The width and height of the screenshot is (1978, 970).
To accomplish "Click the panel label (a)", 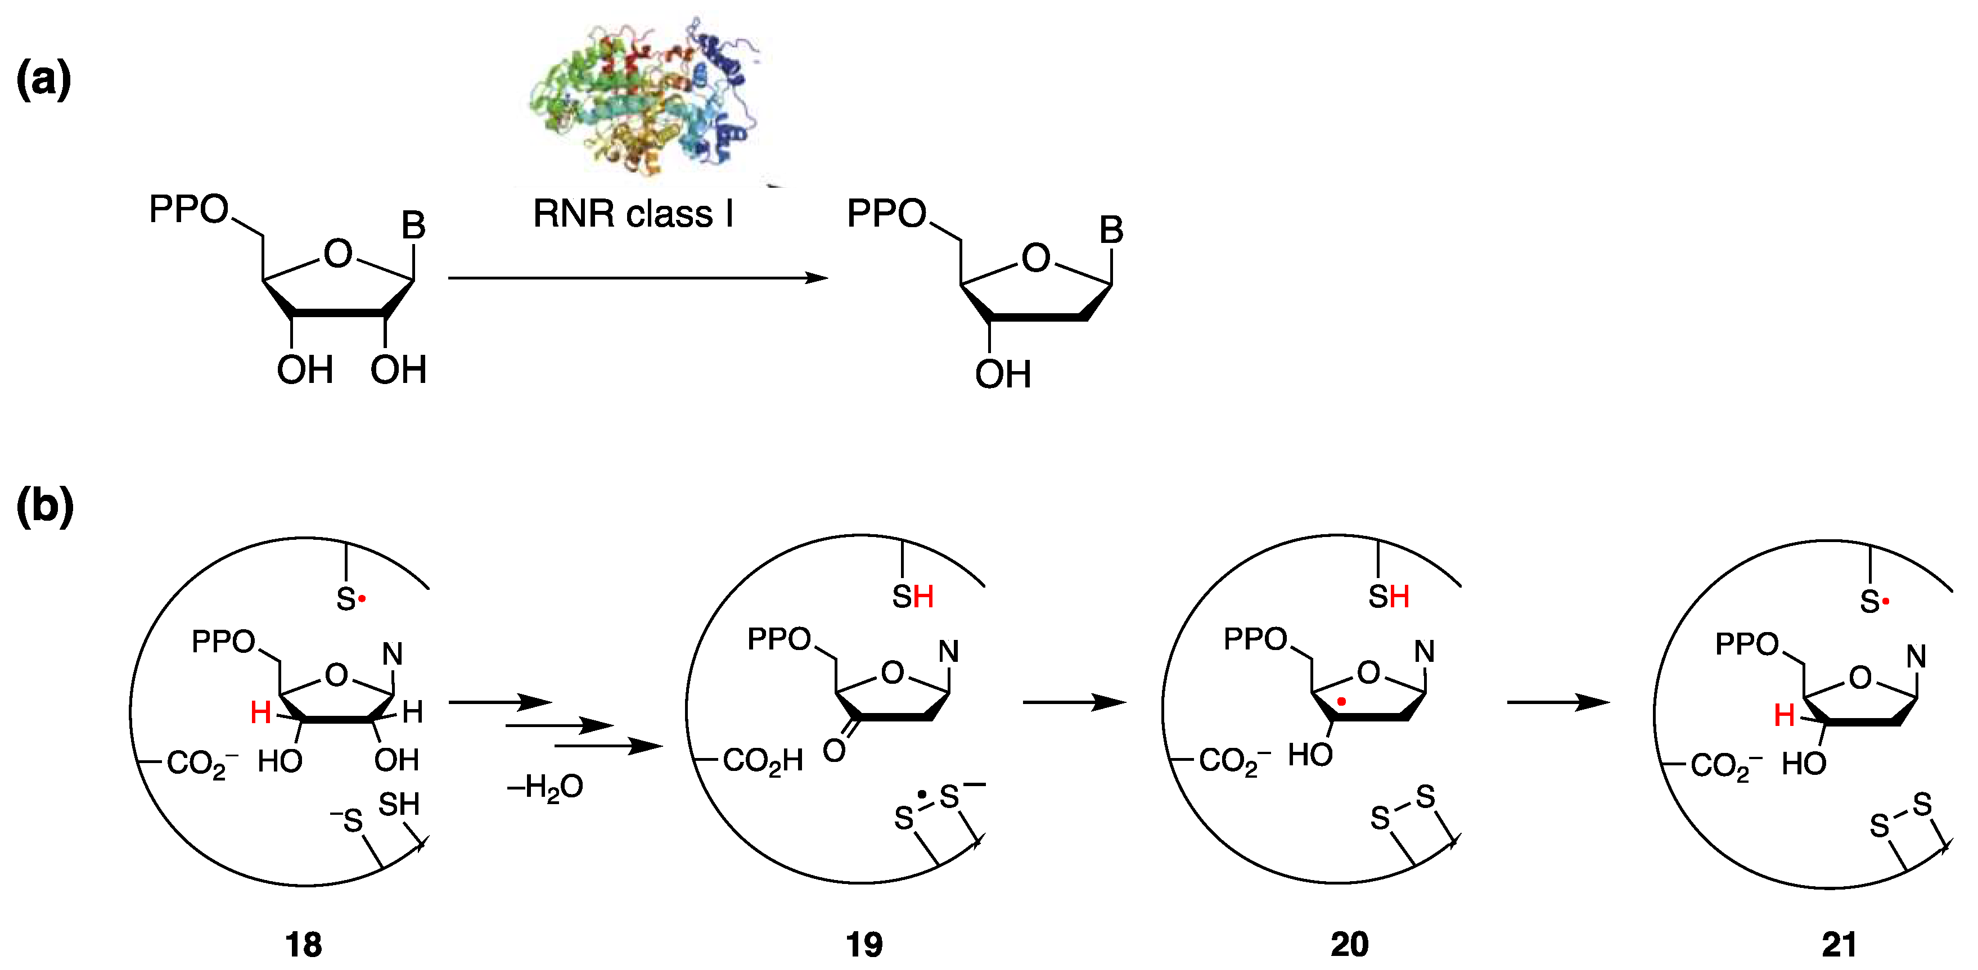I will pos(44,80).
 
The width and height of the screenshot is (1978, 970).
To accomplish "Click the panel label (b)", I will pos(44,507).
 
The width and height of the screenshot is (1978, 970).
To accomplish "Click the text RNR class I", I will pos(633,214).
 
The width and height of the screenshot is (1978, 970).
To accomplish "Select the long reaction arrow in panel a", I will pos(637,278).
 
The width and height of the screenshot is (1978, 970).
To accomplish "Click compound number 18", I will pos(303,945).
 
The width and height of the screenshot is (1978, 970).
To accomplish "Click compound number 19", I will pos(864,945).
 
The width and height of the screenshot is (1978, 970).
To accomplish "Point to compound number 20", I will pos(1349,945).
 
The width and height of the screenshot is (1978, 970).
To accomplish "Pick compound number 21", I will pos(1839,945).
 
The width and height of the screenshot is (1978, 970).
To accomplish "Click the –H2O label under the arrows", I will pos(545,788).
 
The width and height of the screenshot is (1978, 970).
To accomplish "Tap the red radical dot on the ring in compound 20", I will pos(1341,701).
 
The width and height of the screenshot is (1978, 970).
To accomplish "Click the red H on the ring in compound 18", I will pos(260,714).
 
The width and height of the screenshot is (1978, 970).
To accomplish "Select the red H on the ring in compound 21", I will pos(1784,716).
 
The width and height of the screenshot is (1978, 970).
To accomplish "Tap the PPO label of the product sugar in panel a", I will pos(886,214).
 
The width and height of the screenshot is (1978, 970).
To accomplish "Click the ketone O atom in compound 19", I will pos(834,750).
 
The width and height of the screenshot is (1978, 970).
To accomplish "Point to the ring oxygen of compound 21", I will pos(1860,678).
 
